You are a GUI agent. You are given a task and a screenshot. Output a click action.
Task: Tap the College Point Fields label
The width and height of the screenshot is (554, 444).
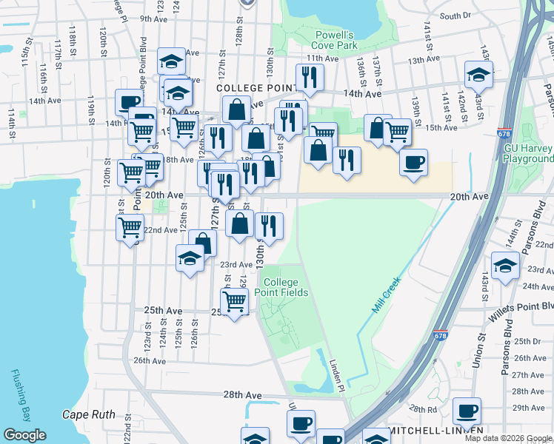point(281,287)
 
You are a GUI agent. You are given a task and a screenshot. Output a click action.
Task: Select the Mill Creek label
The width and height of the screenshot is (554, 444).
point(386,295)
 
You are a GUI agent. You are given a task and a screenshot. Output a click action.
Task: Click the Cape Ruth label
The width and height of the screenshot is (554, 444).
point(88,414)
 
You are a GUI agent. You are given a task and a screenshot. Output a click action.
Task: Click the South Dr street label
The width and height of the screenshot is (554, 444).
point(455,16)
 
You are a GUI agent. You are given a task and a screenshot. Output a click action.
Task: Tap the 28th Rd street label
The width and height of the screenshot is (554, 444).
point(423,408)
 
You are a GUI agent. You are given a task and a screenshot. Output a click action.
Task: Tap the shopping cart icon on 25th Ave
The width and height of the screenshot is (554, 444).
point(234,300)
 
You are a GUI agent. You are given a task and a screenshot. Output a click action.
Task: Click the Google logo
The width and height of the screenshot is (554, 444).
point(24,435)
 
